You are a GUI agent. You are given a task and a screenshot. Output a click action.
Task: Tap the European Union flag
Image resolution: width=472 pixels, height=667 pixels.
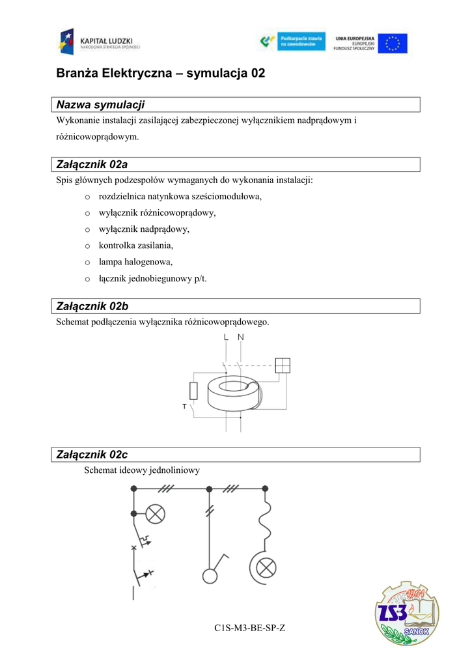(393, 43)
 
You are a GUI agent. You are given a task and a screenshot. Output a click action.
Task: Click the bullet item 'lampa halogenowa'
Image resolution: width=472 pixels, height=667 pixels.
(135, 262)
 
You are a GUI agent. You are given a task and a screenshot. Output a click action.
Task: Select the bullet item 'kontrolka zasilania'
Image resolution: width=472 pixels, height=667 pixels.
(136, 246)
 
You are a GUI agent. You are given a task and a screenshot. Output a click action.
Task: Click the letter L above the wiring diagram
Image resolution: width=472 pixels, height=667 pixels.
(226, 337)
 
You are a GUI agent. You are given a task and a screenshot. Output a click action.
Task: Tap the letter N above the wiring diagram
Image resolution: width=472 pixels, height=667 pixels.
(241, 337)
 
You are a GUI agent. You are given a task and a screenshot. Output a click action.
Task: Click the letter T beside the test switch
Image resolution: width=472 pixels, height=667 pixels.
(184, 406)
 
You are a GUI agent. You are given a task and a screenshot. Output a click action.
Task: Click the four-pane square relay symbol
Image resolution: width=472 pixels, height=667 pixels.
(283, 365)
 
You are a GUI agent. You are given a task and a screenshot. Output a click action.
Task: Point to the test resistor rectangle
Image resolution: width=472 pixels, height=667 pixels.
(193, 391)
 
